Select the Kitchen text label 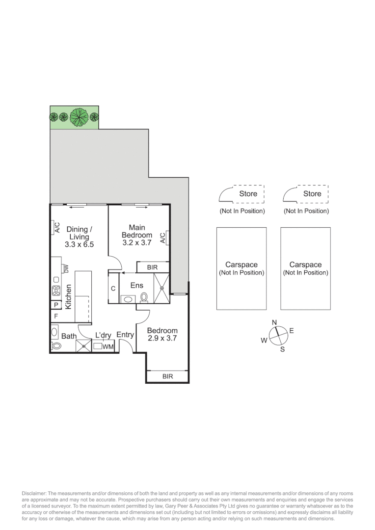[x=69, y=296]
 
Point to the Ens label [x=136, y=285]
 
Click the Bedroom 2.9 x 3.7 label [x=162, y=334]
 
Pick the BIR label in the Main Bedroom [x=152, y=267]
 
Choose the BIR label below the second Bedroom [x=167, y=377]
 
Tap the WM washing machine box [x=108, y=347]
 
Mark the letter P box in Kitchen [x=56, y=305]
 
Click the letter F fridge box [x=56, y=317]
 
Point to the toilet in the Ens [x=144, y=297]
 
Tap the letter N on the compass [x=275, y=322]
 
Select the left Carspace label [x=241, y=268]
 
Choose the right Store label [x=312, y=194]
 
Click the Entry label [x=125, y=335]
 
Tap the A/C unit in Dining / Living [x=54, y=228]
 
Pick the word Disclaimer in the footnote [x=34, y=493]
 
